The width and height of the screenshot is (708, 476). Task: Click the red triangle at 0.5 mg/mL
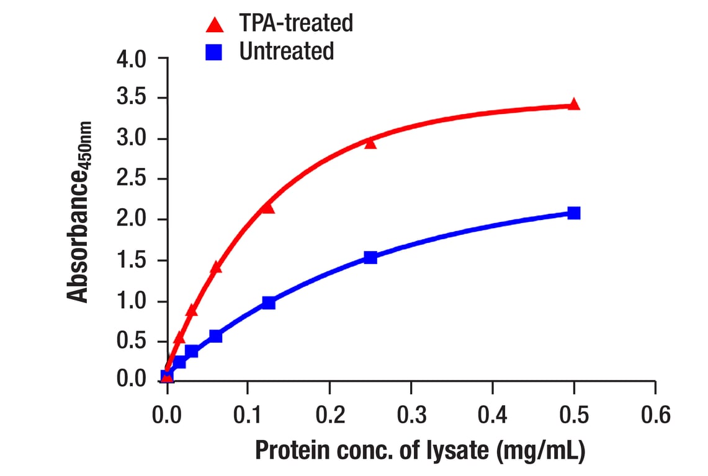click(x=574, y=104)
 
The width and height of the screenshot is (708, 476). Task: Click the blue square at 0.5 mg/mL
click(x=574, y=213)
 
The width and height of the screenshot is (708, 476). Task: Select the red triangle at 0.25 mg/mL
click(x=370, y=143)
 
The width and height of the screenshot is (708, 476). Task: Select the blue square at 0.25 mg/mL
click(x=370, y=257)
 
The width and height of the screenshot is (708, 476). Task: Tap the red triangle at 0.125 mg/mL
click(x=268, y=208)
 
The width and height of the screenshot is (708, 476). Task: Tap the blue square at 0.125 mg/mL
click(x=268, y=302)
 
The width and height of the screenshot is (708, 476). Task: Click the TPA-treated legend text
click(x=295, y=24)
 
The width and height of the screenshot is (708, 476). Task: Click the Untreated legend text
click(x=286, y=51)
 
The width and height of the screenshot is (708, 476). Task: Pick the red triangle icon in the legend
click(x=215, y=25)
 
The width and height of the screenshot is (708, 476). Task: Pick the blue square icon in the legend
click(x=215, y=52)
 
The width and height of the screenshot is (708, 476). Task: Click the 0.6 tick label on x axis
click(x=655, y=414)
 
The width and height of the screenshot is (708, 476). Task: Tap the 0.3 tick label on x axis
click(x=411, y=414)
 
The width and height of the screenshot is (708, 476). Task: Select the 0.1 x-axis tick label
click(x=248, y=414)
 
